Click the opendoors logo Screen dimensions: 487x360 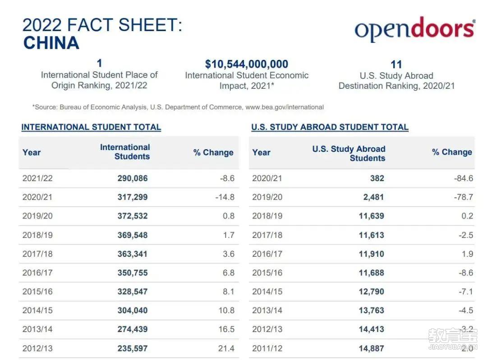(415, 29)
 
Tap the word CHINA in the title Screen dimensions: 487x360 (51, 43)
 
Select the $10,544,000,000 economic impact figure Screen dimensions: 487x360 (247, 64)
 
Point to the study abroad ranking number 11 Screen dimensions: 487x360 (396, 64)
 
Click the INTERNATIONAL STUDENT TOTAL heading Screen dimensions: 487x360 (91, 127)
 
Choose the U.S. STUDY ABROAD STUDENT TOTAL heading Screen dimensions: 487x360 (330, 127)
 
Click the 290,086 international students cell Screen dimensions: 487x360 (133, 178)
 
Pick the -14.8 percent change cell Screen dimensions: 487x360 (225, 197)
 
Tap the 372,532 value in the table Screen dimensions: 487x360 (133, 216)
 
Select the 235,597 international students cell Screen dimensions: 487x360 (133, 349)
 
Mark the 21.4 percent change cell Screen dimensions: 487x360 (226, 349)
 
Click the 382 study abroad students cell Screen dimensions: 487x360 (377, 178)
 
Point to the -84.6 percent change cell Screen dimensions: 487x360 (464, 178)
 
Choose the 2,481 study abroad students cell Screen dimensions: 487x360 (374, 197)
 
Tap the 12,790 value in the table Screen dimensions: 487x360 (372, 292)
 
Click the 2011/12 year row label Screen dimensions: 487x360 (267, 349)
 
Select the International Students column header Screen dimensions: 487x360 (125, 152)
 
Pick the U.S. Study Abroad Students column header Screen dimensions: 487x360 (349, 153)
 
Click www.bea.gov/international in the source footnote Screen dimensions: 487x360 (285, 107)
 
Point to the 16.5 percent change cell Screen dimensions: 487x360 (226, 329)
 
